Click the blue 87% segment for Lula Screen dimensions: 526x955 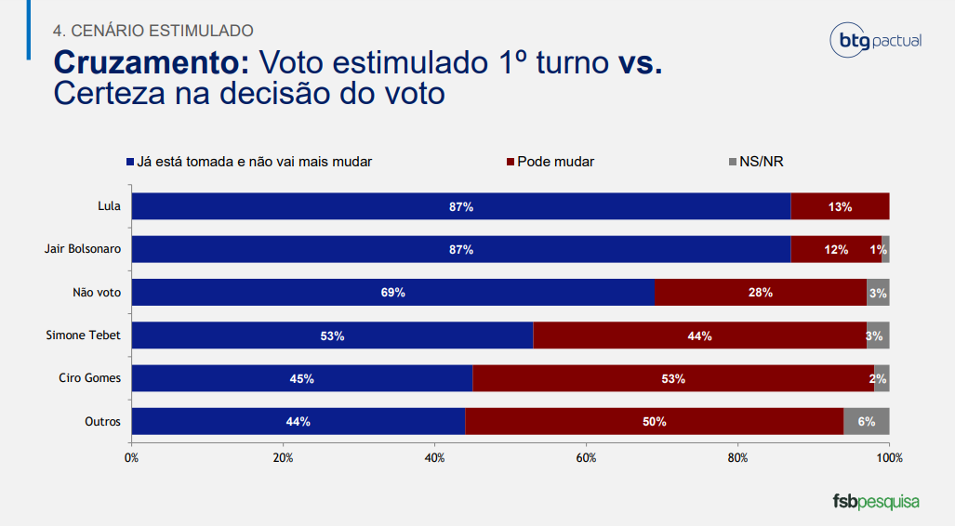[461, 206]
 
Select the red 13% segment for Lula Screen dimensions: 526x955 [840, 206]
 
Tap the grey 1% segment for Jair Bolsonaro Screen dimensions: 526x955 [885, 249]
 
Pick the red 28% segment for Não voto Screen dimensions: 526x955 [760, 292]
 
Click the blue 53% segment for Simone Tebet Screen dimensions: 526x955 [332, 335]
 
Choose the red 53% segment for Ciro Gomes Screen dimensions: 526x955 [672, 378]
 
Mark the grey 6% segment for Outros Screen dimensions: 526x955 [867, 421]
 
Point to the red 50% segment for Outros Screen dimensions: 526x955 [654, 421]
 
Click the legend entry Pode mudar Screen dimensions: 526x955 [550, 162]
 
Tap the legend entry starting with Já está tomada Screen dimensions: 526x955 [248, 162]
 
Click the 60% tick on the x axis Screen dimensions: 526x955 [586, 458]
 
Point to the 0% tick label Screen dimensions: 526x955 [131, 458]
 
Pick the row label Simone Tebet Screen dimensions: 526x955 [84, 335]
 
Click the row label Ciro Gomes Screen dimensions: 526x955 [91, 378]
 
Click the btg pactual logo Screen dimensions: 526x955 [875, 41]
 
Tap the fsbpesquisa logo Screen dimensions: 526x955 [875, 502]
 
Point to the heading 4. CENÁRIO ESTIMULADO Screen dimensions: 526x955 [153, 31]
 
